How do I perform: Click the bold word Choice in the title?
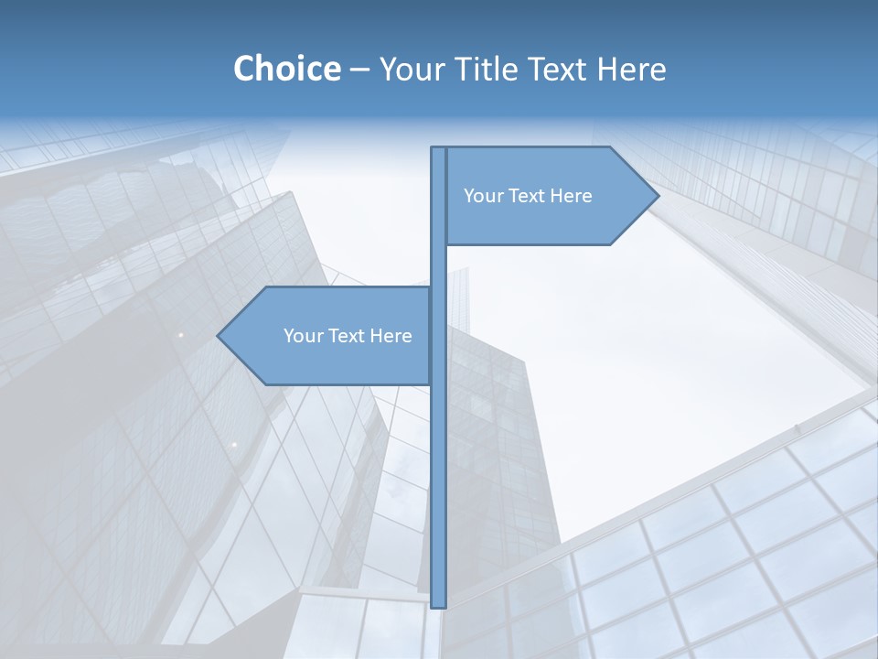tap(286, 69)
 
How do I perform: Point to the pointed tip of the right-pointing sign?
tap(656, 196)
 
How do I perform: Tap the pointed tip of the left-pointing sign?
tap(219, 336)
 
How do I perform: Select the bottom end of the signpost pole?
tap(438, 604)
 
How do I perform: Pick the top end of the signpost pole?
tap(438, 150)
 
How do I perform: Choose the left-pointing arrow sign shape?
tap(329, 362)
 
